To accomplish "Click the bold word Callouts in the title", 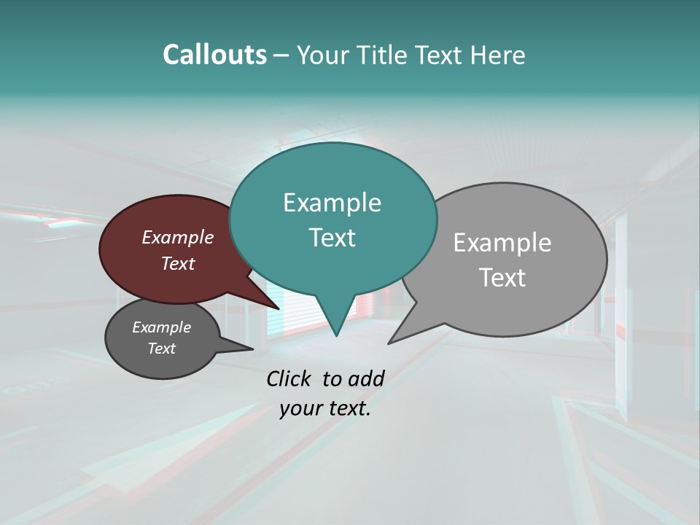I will pos(214,55).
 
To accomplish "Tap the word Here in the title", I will pos(499,55).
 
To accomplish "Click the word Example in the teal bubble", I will pos(332,203).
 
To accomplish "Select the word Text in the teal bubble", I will pos(332,238).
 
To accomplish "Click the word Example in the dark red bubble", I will pos(178,237).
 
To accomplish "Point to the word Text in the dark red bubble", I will pos(178,263).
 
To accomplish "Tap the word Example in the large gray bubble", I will pos(502,243).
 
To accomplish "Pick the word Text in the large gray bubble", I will pos(502,278).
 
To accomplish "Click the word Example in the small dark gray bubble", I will pos(161,327).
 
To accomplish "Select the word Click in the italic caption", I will pos(289,378).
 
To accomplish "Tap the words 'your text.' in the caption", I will pos(325,408).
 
